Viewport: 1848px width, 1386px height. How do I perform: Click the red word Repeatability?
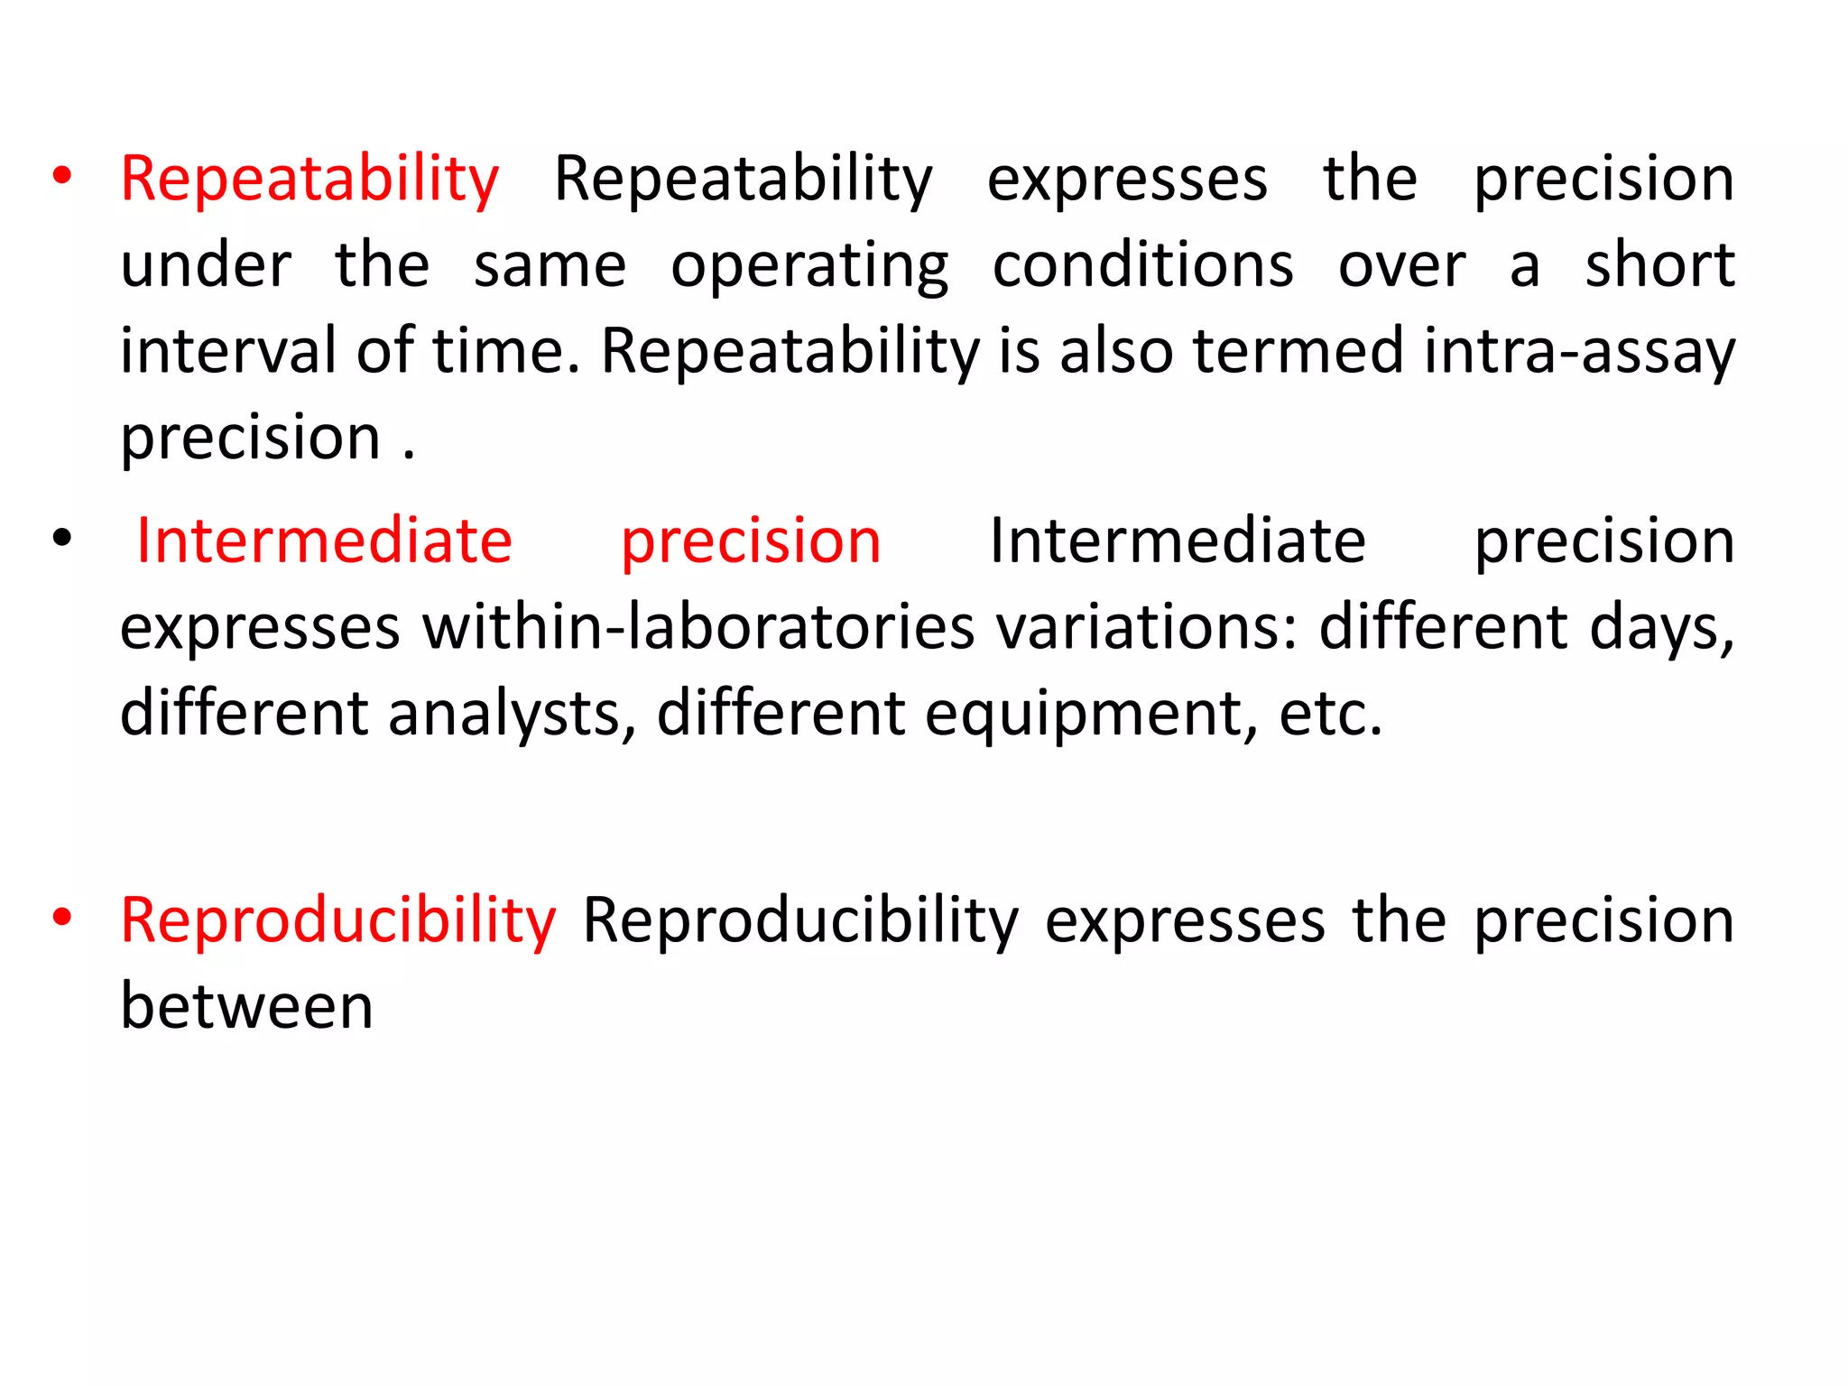pos(310,180)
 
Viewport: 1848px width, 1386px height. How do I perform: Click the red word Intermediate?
pos(324,541)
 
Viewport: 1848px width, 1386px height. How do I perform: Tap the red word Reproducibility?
pos(338,921)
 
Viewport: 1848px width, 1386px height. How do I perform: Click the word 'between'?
pos(246,1006)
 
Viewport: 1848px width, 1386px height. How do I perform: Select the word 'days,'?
pos(1661,629)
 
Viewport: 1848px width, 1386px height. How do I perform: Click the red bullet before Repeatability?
pos(61,176)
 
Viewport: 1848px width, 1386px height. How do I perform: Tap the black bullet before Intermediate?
pos(61,539)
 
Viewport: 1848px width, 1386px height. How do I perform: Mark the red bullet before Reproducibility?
pos(61,918)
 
